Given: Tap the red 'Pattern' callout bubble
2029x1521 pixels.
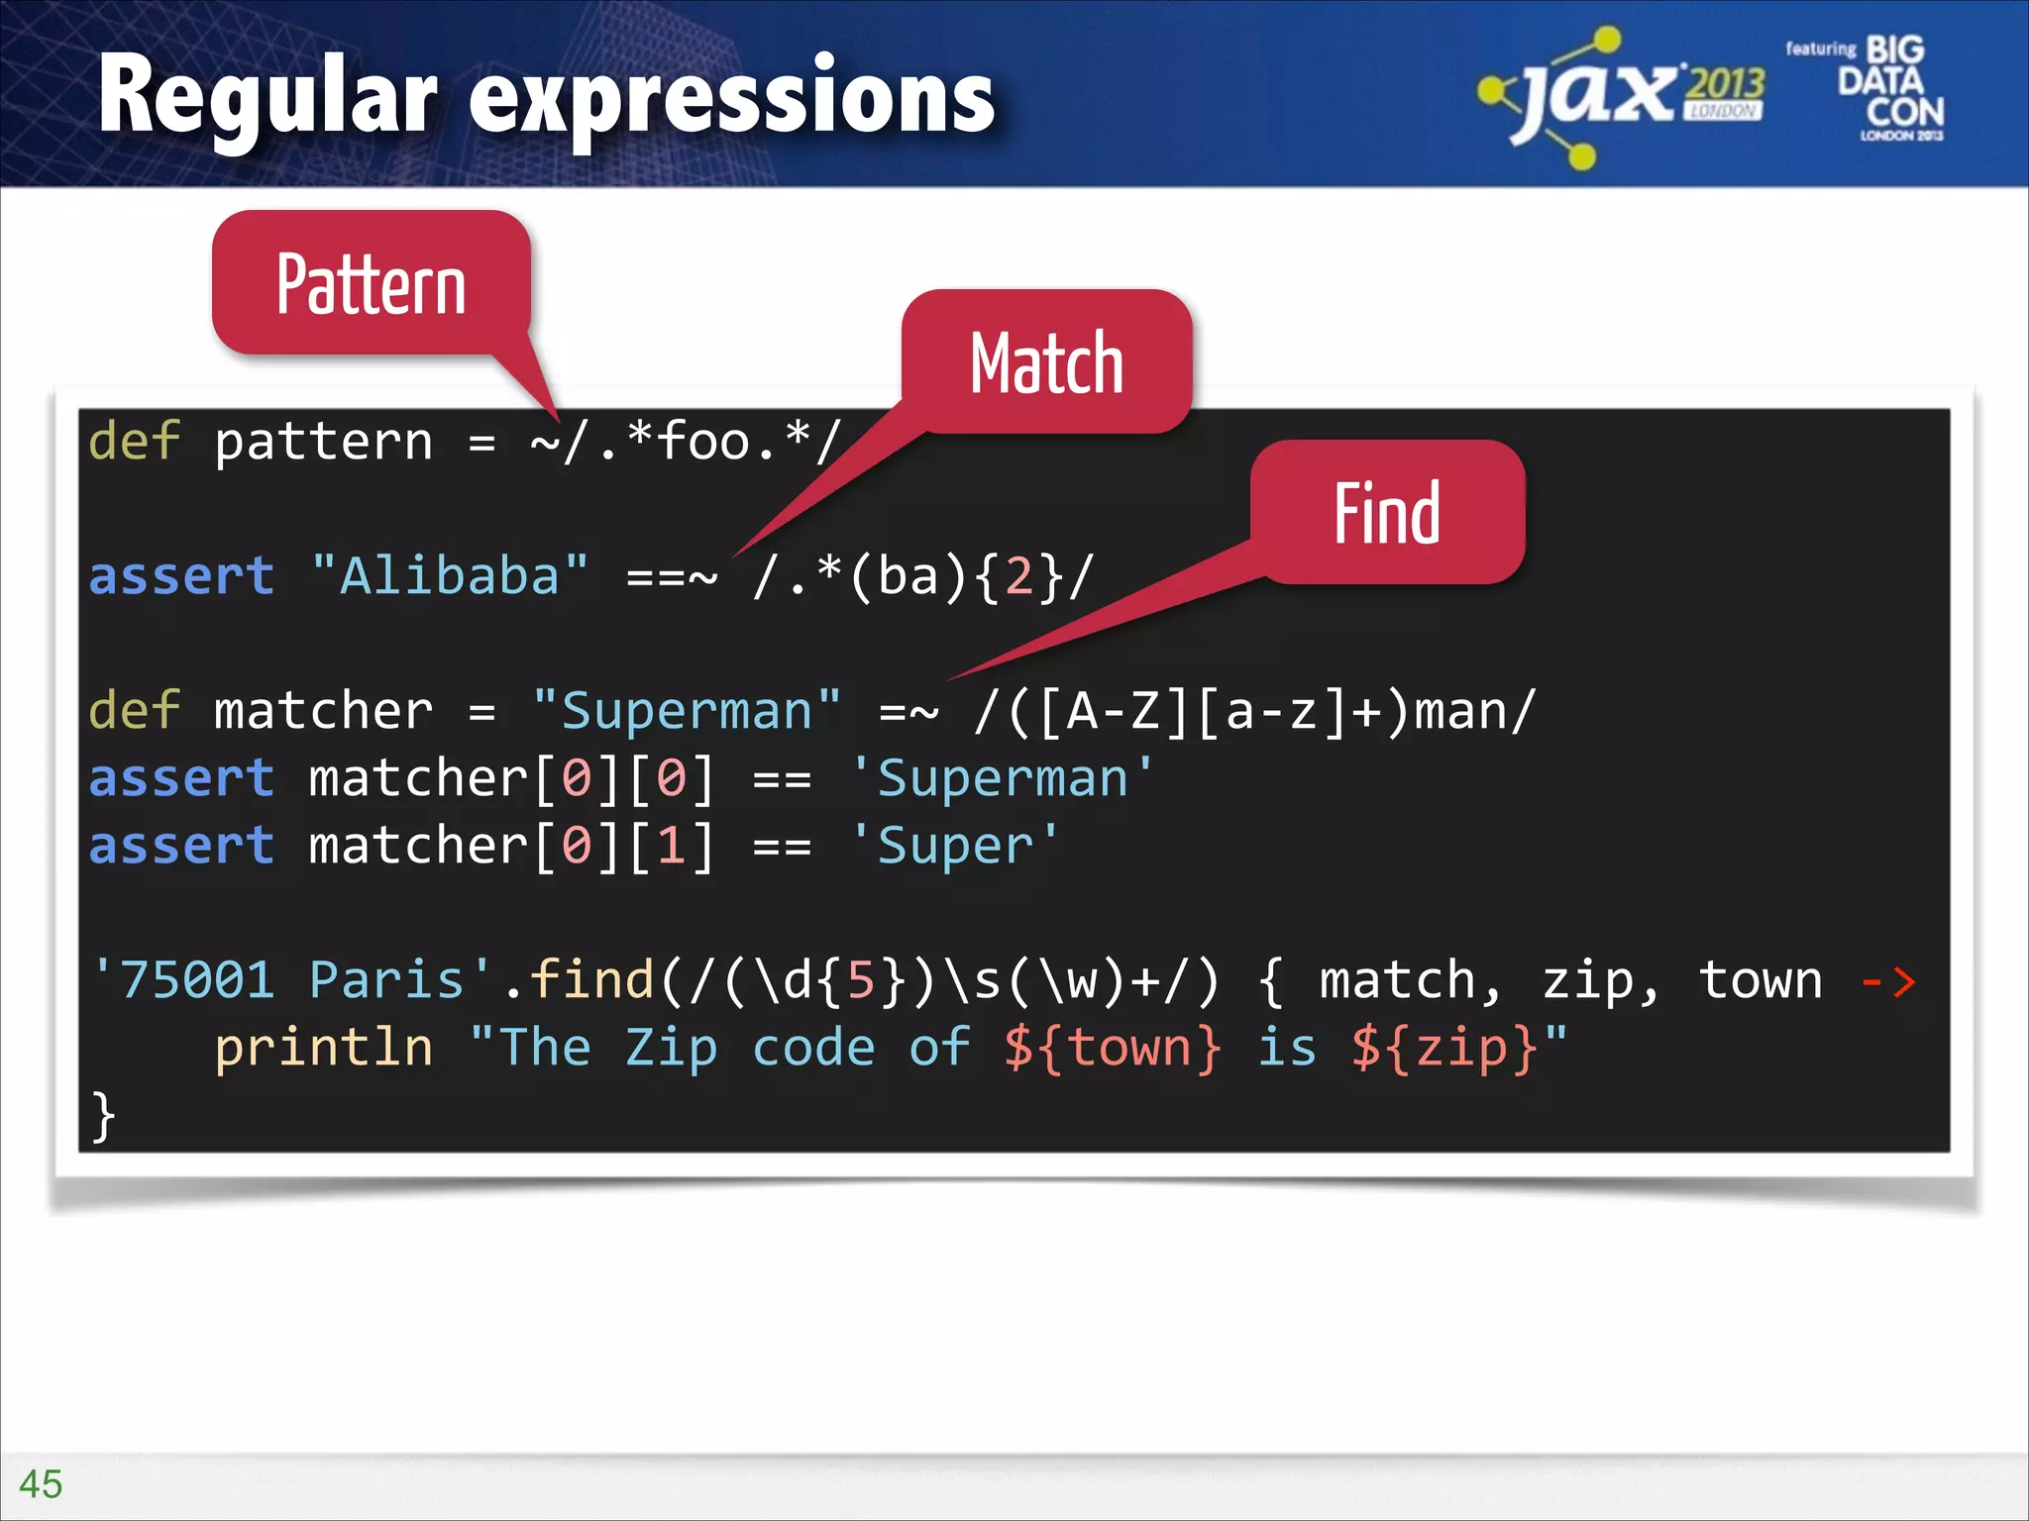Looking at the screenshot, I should tap(372, 284).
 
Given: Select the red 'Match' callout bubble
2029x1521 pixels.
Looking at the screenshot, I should tap(1046, 362).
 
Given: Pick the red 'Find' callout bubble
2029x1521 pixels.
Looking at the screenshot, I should tap(1386, 513).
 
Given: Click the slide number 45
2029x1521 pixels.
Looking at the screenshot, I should tap(40, 1483).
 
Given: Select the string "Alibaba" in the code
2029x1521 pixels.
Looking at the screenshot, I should tap(449, 576).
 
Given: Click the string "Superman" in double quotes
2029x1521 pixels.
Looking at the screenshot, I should tap(686, 711).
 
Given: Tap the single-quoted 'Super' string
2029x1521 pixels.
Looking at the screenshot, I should tap(955, 846).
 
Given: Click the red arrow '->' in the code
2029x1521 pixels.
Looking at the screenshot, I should tap(1887, 981).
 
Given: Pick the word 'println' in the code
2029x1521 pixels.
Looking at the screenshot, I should tap(324, 1048).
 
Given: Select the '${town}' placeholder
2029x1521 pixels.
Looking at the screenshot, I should tap(1113, 1048).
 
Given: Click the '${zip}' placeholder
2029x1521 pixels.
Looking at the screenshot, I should tap(1444, 1048).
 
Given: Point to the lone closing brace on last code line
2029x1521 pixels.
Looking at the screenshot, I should tap(103, 1116).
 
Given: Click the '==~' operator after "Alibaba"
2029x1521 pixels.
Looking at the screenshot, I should tap(672, 576).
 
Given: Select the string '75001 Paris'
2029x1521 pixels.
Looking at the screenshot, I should tap(292, 980).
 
